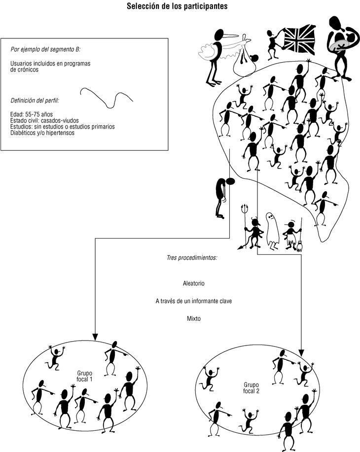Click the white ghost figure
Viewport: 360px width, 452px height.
click(272, 229)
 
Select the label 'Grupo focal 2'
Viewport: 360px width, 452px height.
click(252, 387)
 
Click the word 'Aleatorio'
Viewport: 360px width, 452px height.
click(193, 283)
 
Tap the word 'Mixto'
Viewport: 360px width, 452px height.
click(193, 318)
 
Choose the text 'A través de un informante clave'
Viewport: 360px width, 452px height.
click(193, 301)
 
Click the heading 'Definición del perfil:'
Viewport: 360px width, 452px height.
click(35, 101)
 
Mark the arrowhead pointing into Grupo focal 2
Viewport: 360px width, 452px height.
click(301, 352)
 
